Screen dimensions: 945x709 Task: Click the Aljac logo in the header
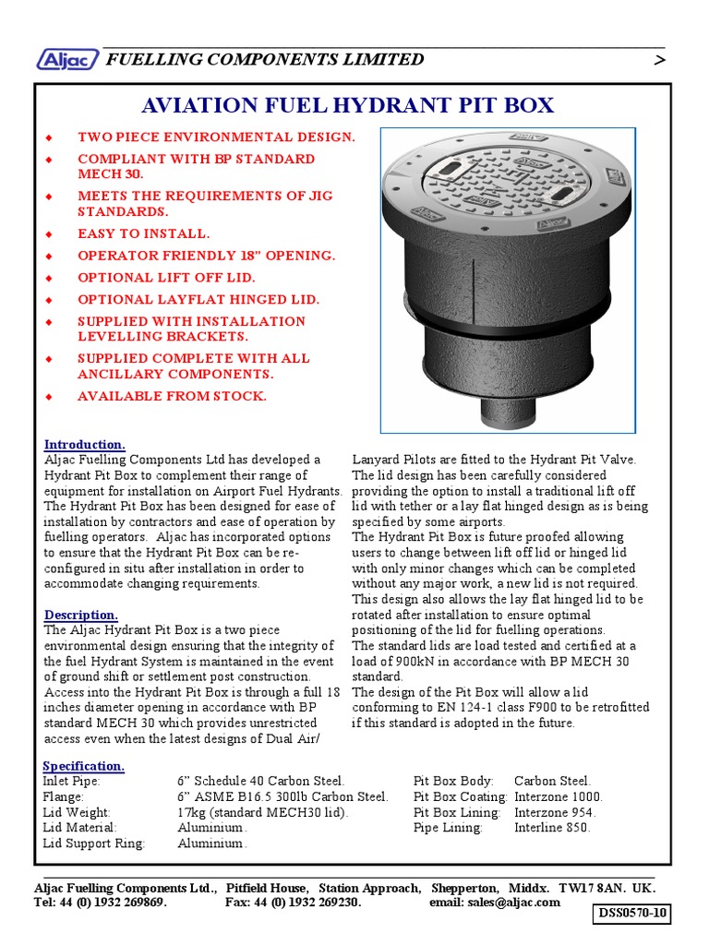tap(66, 60)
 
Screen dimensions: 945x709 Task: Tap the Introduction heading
tap(85, 444)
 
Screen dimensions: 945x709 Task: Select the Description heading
tap(81, 615)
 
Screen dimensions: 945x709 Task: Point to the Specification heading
tap(84, 766)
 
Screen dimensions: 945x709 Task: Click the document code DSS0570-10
tap(632, 915)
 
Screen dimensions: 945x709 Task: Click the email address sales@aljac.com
tap(513, 903)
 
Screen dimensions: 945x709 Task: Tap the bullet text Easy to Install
tap(143, 233)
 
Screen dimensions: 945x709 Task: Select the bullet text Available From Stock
tap(172, 396)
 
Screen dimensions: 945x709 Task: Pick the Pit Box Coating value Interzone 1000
tap(559, 796)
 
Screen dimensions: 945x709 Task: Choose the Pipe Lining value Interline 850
tap(552, 828)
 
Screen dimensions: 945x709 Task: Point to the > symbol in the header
tap(659, 61)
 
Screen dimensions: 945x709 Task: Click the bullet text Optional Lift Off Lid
tap(166, 277)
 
